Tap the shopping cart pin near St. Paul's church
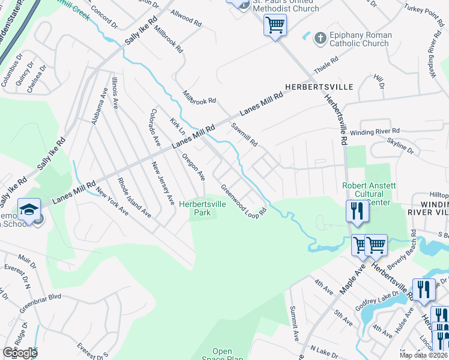pos(275,26)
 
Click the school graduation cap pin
pos(29,209)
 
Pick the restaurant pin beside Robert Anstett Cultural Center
pos(357,211)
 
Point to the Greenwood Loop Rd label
pos(243,201)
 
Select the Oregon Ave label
pos(194,166)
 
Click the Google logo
pos(20,353)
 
